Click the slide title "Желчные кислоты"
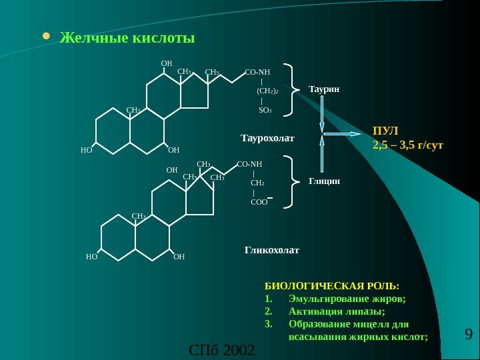pyautogui.click(x=127, y=38)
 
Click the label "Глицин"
pyautogui.click(x=325, y=181)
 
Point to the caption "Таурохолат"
pyautogui.click(x=267, y=138)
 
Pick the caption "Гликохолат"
pyautogui.click(x=272, y=251)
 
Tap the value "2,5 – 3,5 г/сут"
pyautogui.click(x=408, y=144)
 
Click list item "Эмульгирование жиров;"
pyautogui.click(x=347, y=298)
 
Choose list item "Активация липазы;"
pyautogui.click(x=337, y=311)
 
